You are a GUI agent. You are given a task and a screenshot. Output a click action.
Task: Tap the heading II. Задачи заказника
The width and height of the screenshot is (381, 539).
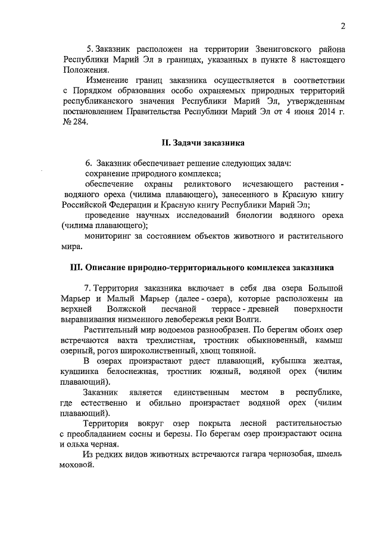pos(203,143)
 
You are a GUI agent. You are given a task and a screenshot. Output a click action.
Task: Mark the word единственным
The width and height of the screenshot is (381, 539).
pos(195,392)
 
